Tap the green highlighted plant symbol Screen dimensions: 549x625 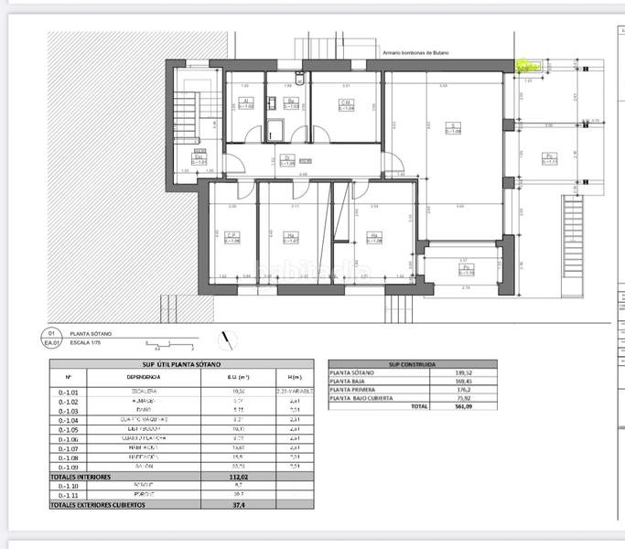coord(526,66)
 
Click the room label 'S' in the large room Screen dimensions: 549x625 coord(452,127)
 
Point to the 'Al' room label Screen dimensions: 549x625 coord(245,103)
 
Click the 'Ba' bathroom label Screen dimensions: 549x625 coord(290,103)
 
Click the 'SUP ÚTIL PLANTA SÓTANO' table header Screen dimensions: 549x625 coord(181,364)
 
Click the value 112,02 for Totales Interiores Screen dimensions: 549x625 coord(212,476)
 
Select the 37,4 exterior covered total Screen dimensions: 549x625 coord(212,504)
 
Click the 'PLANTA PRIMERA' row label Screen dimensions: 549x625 coord(352,389)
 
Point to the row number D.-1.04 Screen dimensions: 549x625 coord(68,419)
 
